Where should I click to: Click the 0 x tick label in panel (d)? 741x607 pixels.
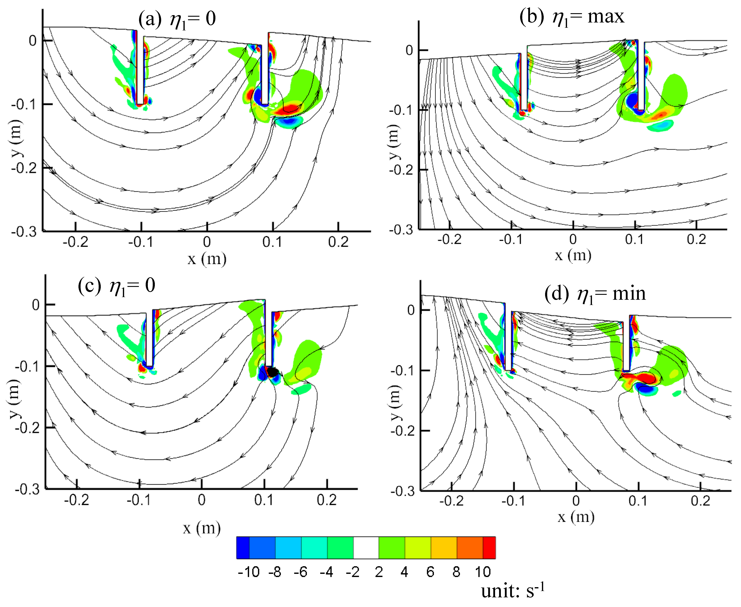(x=576, y=501)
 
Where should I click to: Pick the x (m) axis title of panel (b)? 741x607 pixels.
(x=573, y=256)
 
